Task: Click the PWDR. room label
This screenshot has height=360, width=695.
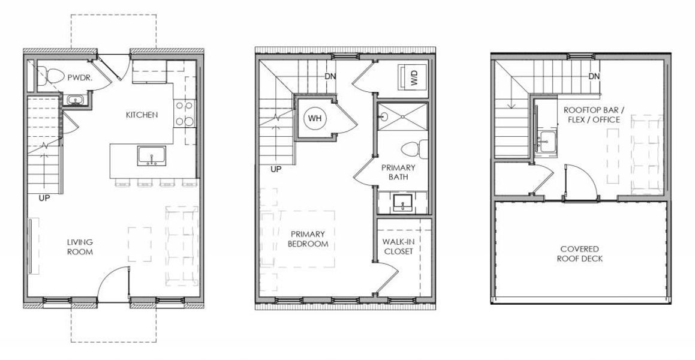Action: (x=79, y=77)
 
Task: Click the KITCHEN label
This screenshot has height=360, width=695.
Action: (x=142, y=115)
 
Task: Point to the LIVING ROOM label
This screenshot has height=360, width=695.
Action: (x=80, y=247)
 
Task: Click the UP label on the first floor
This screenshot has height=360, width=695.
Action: (x=44, y=197)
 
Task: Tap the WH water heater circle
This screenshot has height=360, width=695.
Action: (x=315, y=118)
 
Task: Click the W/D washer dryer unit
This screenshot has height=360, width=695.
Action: (x=413, y=76)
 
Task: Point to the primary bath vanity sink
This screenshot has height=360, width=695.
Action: (x=402, y=204)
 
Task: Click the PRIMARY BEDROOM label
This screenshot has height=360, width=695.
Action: (x=308, y=239)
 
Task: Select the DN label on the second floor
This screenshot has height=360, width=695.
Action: (x=330, y=76)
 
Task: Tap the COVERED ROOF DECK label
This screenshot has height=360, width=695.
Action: (x=579, y=253)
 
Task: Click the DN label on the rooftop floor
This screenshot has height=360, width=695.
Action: (x=594, y=76)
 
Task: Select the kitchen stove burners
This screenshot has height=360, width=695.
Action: (x=185, y=113)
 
